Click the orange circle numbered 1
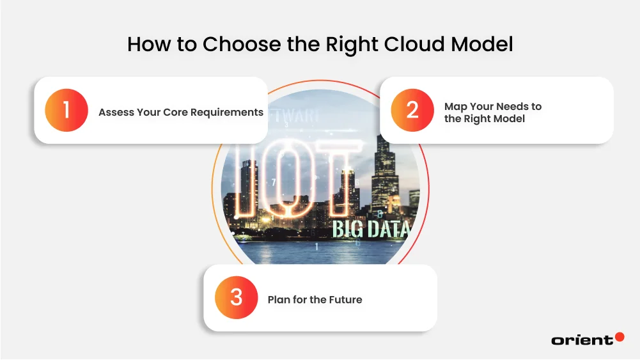coord(66,111)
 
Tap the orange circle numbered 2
coord(412,110)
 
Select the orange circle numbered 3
coord(237,298)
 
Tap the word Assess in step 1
coord(116,112)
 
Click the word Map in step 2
coord(455,106)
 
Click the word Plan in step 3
coord(279,299)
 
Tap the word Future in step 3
coord(345,299)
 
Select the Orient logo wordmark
coord(582,340)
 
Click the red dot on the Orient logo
coord(619,336)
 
